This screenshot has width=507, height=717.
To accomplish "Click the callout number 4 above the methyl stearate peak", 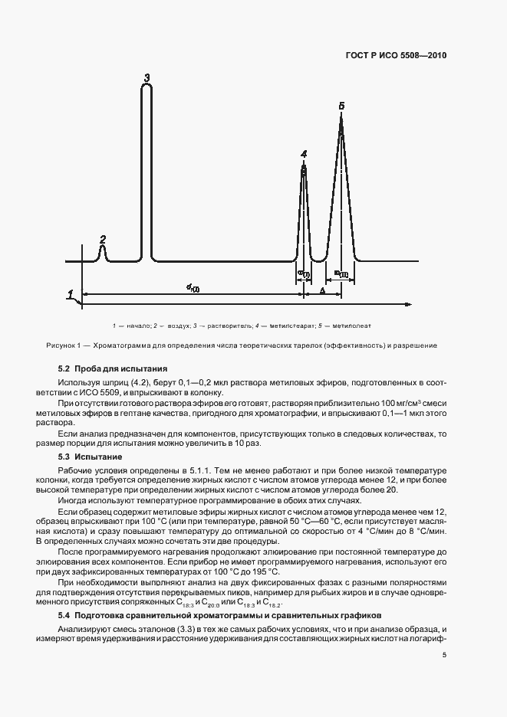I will [304, 154].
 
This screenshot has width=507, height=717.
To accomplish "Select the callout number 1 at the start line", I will [70, 294].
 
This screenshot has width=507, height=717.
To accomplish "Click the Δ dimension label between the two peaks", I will [322, 292].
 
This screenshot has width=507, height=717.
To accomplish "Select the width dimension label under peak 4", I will [304, 273].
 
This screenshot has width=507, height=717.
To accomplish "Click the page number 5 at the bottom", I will [444, 654].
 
